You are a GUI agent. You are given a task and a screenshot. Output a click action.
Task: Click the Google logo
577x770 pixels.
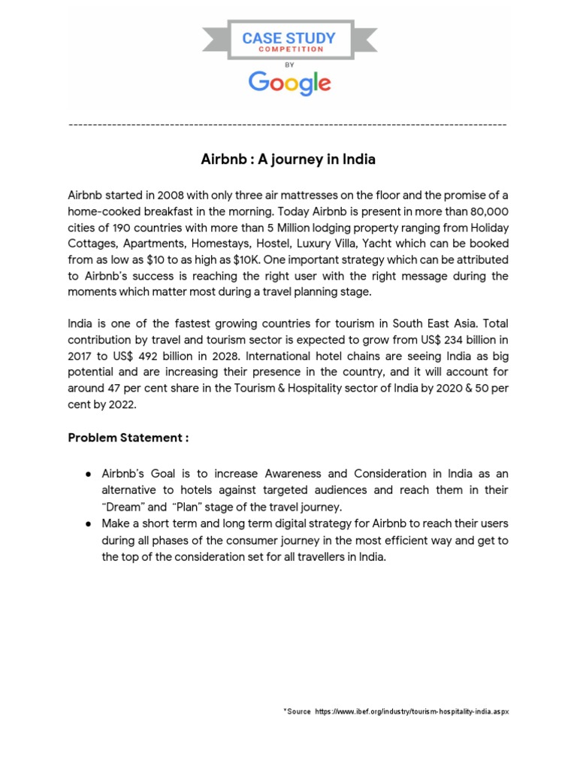pos(289,82)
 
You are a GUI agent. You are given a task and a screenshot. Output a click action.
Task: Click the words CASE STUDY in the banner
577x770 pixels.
pos(288,38)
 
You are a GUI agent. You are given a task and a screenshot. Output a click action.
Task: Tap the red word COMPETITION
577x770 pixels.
pos(288,50)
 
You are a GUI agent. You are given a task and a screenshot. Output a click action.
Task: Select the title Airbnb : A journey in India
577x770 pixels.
pos(288,159)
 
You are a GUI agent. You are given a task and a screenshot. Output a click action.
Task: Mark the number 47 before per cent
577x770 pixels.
pos(110,390)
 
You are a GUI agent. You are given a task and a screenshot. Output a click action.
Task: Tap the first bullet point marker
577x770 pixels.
pos(88,474)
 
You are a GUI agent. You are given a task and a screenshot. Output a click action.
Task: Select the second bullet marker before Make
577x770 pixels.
pos(88,523)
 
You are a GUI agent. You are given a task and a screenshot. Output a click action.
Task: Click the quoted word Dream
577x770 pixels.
pos(123,506)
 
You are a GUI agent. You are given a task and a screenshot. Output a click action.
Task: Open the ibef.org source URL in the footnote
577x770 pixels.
pos(412,711)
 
